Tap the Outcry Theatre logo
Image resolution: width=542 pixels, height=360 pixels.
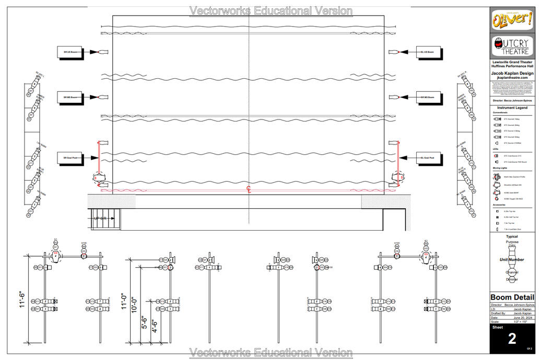pyautogui.click(x=512, y=47)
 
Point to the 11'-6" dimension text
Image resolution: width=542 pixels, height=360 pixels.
pyautogui.click(x=22, y=299)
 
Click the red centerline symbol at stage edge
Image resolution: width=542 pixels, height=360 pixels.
pyautogui.click(x=249, y=190)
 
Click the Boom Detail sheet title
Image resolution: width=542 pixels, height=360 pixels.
pyautogui.click(x=512, y=297)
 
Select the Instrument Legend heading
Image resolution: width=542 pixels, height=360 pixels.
pyautogui.click(x=512, y=107)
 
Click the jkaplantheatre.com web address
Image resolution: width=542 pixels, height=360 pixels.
pyautogui.click(x=512, y=78)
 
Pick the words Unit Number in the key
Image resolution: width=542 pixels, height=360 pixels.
pyautogui.click(x=512, y=259)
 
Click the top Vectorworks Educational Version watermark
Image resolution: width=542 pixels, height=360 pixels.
pyautogui.click(x=270, y=10)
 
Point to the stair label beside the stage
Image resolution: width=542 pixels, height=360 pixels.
pyautogui.click(x=100, y=218)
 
